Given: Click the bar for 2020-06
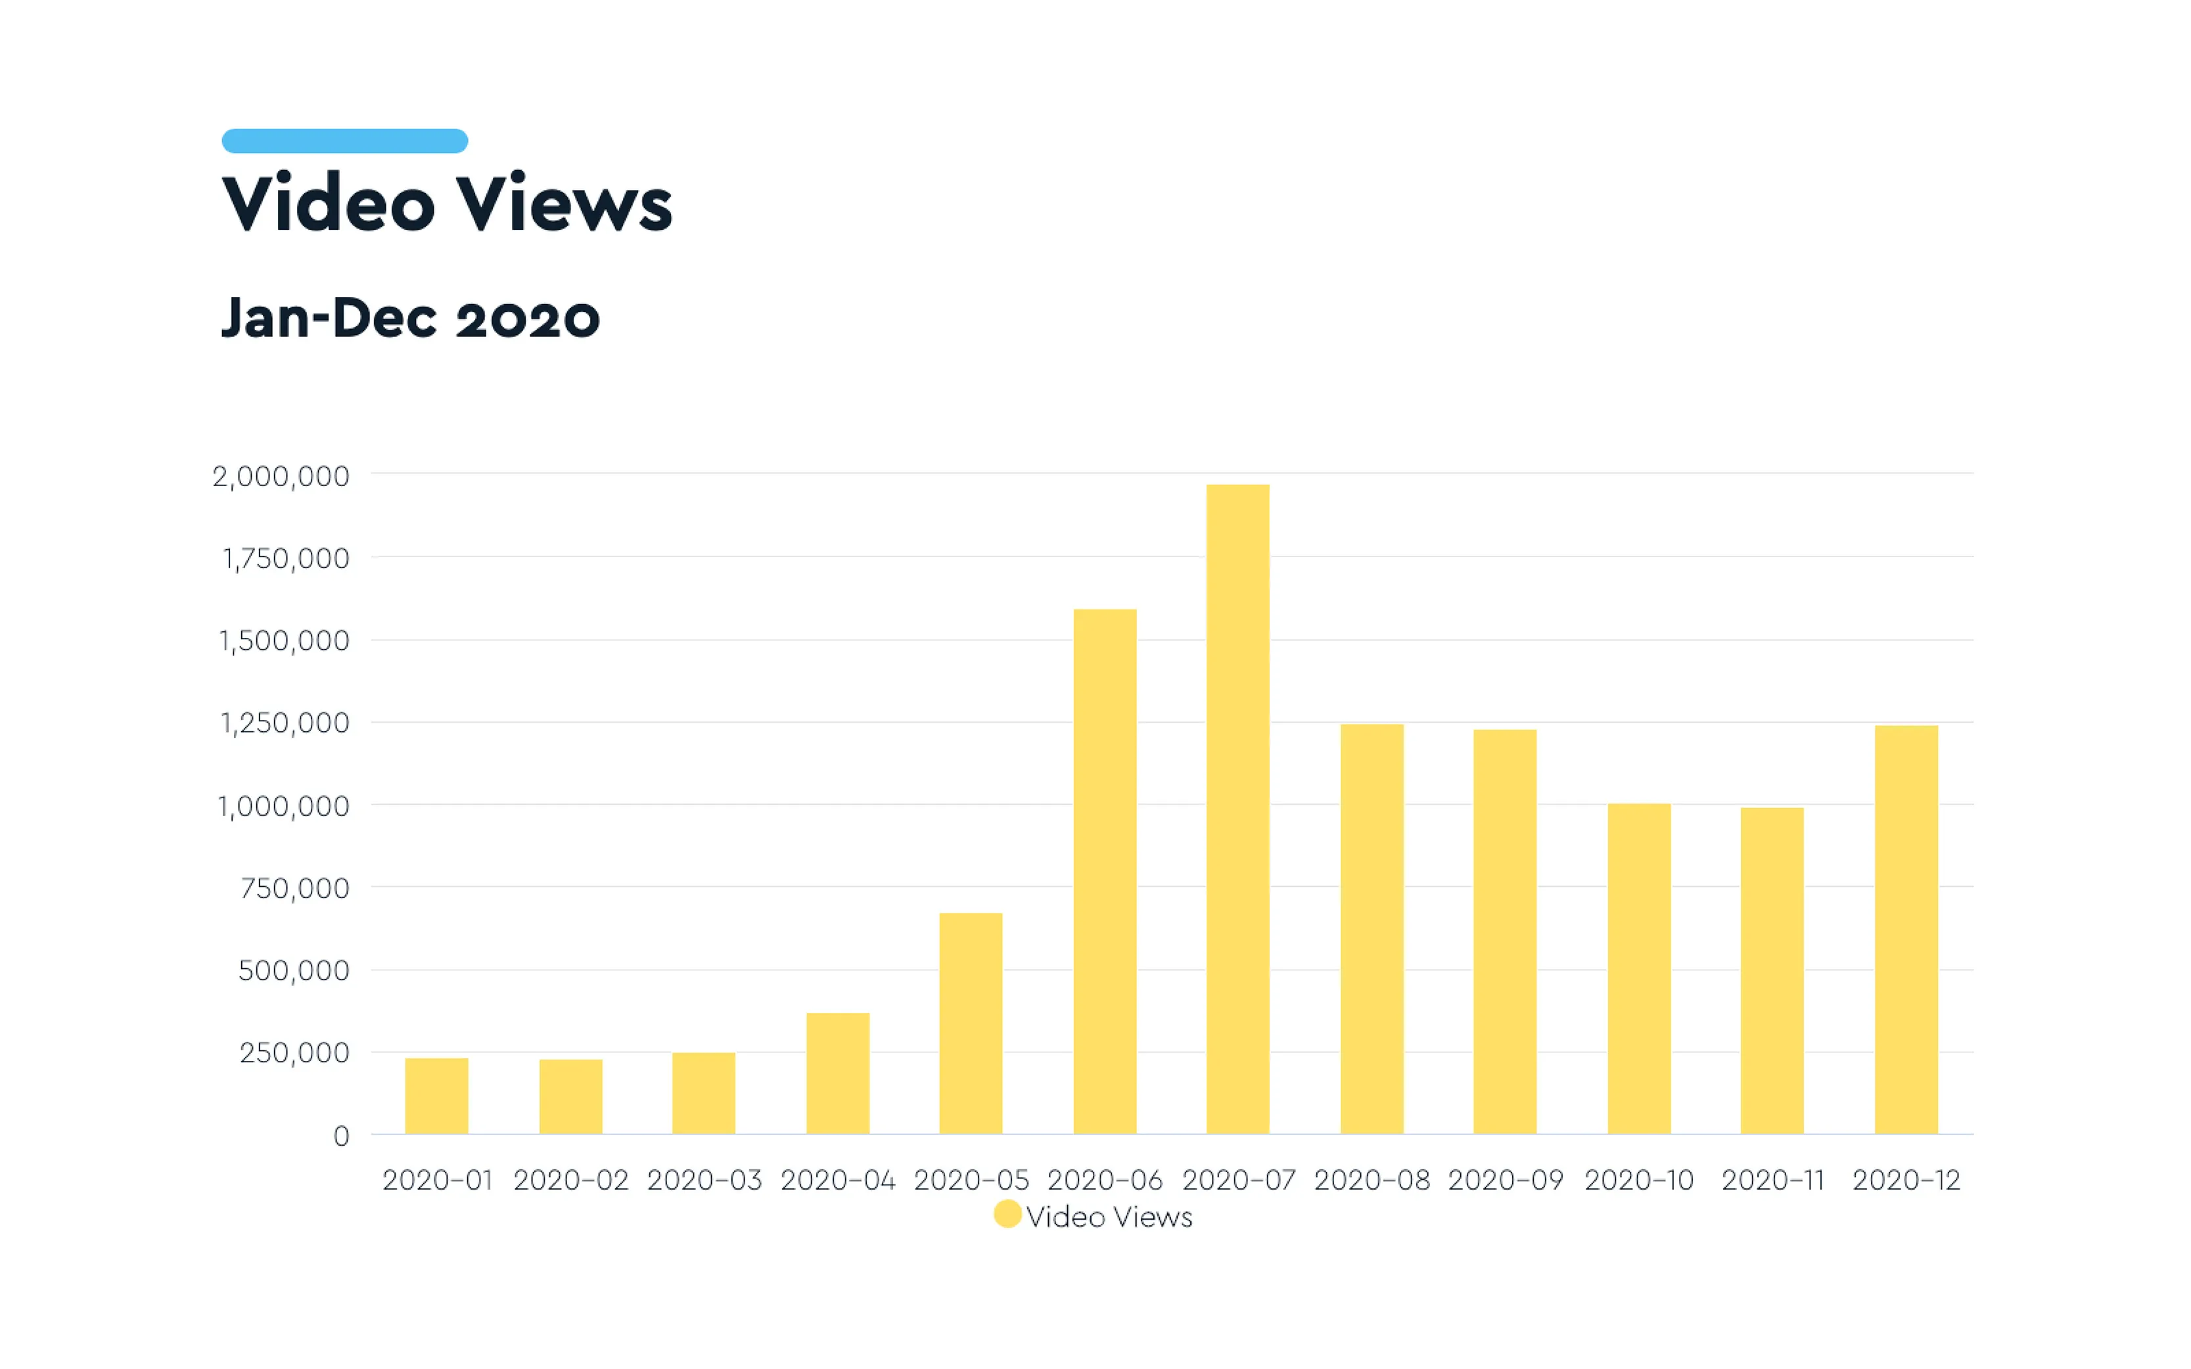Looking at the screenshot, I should [1104, 871].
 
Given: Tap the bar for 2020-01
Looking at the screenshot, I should [436, 1096].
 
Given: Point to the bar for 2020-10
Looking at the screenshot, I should [1638, 969].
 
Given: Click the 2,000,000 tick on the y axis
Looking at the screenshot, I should [281, 476].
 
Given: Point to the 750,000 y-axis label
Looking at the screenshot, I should [294, 888].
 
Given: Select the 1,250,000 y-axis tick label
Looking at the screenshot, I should [285, 723].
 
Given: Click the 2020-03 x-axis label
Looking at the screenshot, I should [704, 1180].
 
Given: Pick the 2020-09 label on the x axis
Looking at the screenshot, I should [1506, 1180].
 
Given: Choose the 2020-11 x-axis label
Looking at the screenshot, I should [1772, 1180].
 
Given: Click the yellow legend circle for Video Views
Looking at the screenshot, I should [1007, 1214].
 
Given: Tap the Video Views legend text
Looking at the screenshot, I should [1109, 1217].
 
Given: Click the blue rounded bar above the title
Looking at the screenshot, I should [344, 141].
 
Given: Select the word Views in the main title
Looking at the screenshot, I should [563, 203].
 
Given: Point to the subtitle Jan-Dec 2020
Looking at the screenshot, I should [410, 318].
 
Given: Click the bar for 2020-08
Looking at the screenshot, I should [1372, 929].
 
